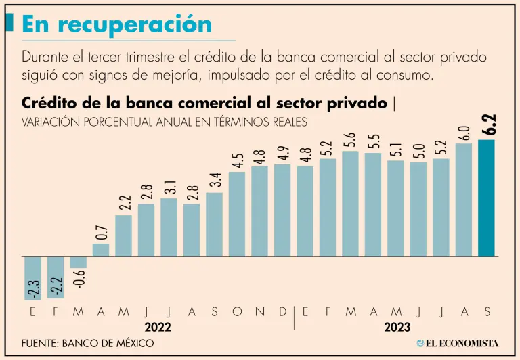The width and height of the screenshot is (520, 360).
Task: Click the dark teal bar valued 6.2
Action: pos(486,198)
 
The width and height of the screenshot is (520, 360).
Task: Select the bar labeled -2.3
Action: pos(32,278)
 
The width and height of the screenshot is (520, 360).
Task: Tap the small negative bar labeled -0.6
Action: pos(78,263)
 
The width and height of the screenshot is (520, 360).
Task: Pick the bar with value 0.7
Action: pos(101,250)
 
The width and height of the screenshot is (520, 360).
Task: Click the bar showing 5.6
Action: pos(350,204)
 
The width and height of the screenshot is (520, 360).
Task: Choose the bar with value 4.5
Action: pos(237,215)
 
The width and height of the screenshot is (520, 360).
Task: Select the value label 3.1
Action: pos(169,187)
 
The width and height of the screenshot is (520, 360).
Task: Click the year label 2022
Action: pos(157,326)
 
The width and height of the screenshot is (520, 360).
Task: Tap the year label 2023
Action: pos(395,326)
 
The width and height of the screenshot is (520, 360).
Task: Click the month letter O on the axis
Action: pos(237,311)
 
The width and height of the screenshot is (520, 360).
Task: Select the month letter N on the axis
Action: pos(260,311)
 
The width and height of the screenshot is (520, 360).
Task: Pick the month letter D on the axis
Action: pos(282,311)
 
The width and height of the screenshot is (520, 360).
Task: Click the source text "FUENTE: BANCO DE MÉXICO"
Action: pos(87,343)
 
